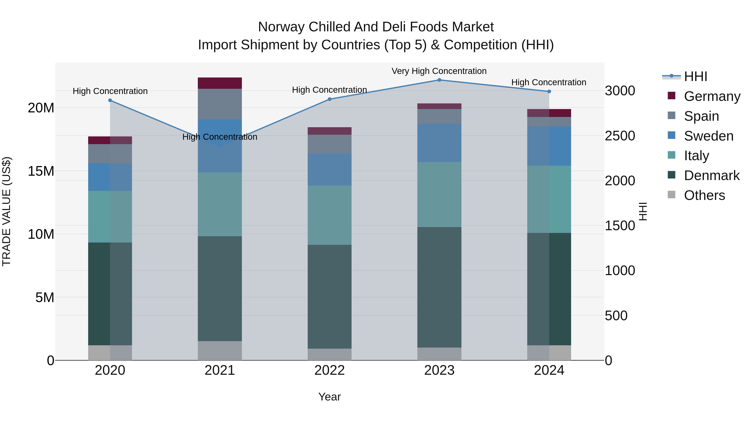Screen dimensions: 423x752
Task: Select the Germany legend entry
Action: pos(712,96)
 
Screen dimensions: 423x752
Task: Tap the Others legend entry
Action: pos(704,195)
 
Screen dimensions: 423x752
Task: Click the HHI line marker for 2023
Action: pos(439,80)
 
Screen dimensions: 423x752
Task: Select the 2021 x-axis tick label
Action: pos(220,370)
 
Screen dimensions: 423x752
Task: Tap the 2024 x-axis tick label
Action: pos(549,370)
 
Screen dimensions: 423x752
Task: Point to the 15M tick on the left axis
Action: pos(41,171)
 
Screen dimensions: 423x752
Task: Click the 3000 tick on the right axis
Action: pos(620,91)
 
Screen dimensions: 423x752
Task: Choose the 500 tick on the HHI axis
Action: pos(616,316)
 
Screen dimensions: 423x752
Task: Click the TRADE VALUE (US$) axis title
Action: pos(6,211)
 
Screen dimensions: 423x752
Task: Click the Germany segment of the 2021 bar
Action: pos(220,83)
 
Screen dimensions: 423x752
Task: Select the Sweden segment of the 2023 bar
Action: pos(439,143)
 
